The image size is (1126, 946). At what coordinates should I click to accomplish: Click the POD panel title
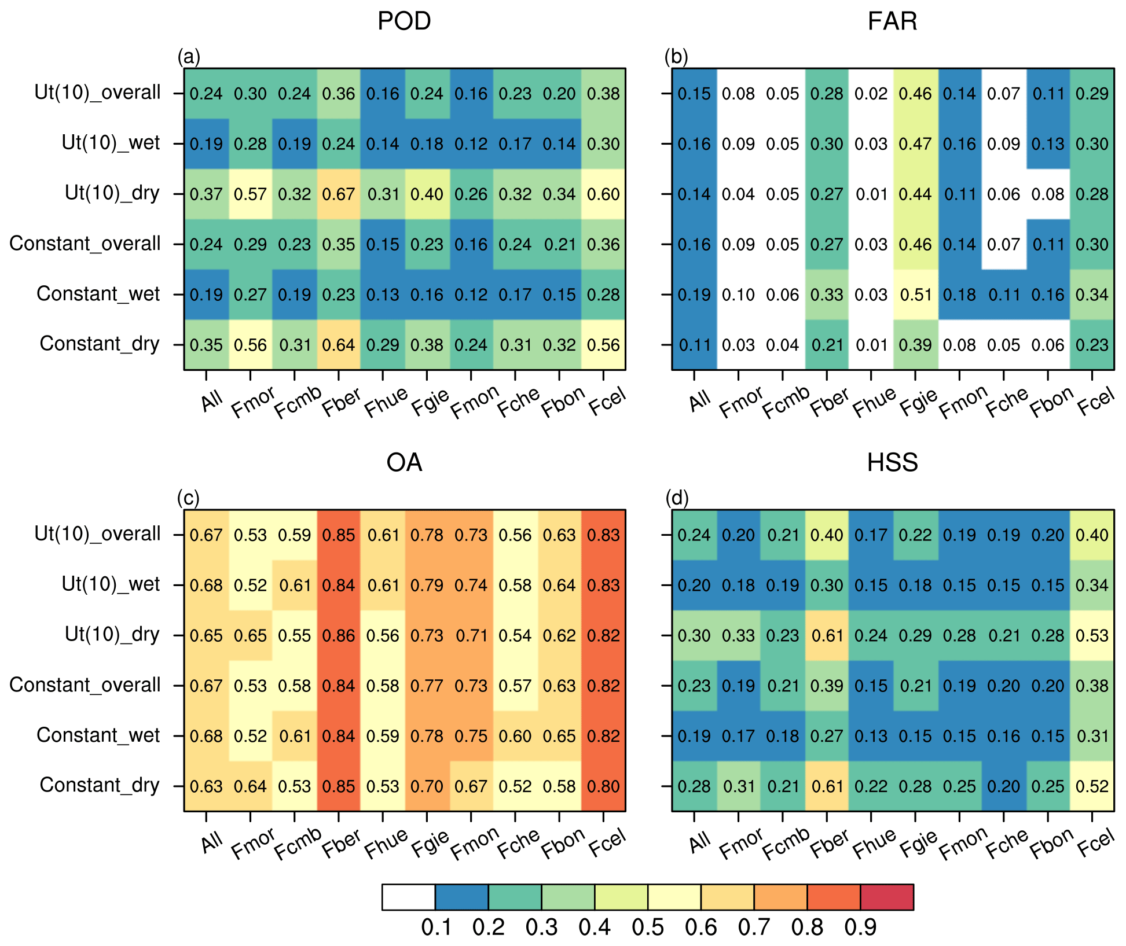[404, 21]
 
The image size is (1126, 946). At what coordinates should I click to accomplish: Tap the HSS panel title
[892, 463]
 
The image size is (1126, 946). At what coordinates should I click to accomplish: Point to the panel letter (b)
[676, 57]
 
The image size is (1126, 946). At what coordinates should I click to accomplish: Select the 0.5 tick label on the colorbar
[647, 927]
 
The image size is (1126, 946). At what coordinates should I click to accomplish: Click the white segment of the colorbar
[408, 897]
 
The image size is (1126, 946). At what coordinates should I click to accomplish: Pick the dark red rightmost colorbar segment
[887, 897]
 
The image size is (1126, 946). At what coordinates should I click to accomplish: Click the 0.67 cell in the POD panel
[339, 194]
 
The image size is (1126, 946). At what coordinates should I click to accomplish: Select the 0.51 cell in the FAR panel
[915, 295]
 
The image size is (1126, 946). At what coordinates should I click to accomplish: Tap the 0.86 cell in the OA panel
[339, 635]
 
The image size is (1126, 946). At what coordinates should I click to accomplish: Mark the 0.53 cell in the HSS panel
[1092, 635]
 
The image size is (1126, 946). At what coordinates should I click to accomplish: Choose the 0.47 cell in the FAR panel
[915, 143]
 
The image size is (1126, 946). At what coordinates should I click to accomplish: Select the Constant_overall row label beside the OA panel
[85, 685]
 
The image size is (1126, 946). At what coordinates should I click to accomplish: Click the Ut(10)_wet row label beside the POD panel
[111, 143]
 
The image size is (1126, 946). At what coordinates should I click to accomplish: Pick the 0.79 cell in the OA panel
[427, 585]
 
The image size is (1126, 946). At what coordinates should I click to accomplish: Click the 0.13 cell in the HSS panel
[871, 736]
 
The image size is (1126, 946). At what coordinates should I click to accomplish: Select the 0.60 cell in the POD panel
[603, 194]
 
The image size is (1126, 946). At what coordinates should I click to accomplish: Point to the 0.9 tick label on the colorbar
[860, 927]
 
